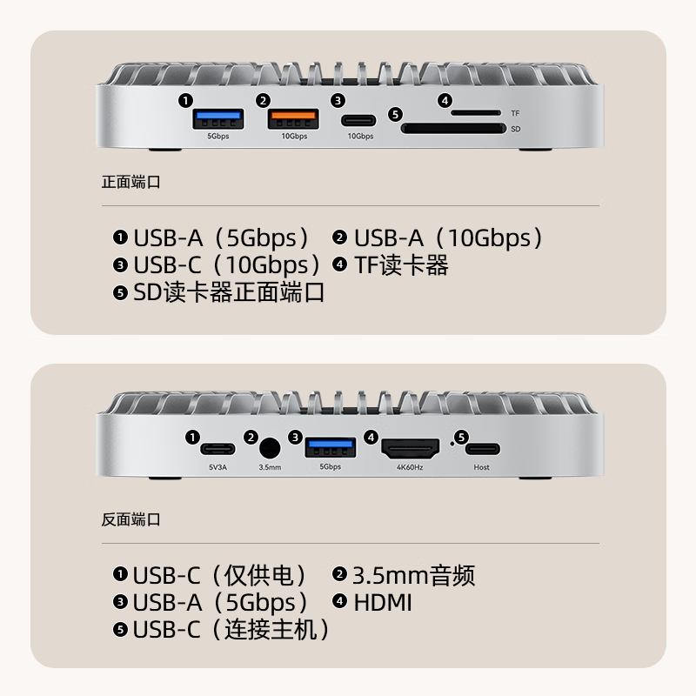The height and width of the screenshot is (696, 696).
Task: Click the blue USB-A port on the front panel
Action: pos(217,117)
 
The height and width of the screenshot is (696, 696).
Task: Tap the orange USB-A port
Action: pos(293,117)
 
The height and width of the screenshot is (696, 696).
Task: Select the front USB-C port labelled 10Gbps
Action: pos(359,120)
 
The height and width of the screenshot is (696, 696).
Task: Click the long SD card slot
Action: pos(452,129)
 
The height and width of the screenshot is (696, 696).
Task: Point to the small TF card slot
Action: pos(475,113)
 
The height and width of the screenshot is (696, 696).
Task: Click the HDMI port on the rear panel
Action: pos(409,450)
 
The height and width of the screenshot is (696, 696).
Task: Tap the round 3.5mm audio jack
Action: pos(270,449)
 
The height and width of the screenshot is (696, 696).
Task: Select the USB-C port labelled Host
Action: pos(482,450)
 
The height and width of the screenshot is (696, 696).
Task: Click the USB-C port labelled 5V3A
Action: pos(217,450)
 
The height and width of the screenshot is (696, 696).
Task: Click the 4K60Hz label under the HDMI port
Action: pos(409,467)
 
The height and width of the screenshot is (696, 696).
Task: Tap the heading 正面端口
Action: pos(131,183)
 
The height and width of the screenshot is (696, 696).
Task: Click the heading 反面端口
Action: pos(131,520)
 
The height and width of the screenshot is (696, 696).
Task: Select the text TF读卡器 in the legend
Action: pos(401,265)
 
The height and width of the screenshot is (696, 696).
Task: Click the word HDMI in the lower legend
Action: pos(382,602)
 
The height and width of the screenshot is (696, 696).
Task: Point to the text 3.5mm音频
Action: pos(413,575)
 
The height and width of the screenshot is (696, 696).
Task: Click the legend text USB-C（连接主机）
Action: pos(231,629)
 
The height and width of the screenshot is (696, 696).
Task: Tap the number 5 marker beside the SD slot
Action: pos(395,114)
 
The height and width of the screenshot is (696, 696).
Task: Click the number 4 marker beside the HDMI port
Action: pos(371,438)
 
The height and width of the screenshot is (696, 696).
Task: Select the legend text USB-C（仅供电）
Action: pos(219,575)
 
